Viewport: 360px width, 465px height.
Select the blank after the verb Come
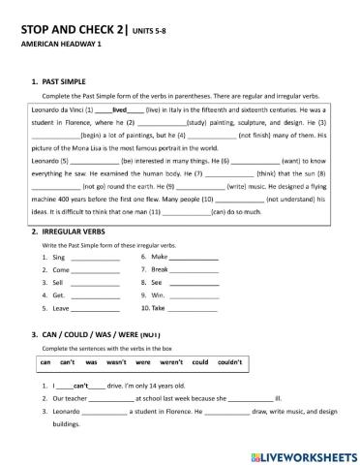tap(95, 272)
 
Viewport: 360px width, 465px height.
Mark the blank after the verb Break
tap(195, 272)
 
